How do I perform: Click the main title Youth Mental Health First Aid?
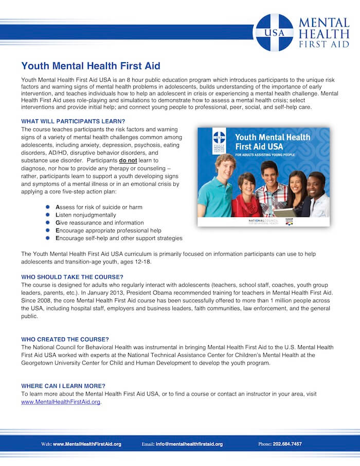(x=91, y=66)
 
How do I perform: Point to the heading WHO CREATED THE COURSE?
(x=65, y=339)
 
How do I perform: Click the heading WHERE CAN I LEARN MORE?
(x=63, y=386)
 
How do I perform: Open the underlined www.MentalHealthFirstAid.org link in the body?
(x=61, y=402)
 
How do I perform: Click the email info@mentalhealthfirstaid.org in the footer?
(x=189, y=444)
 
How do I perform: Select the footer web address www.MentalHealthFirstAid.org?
(x=87, y=444)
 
